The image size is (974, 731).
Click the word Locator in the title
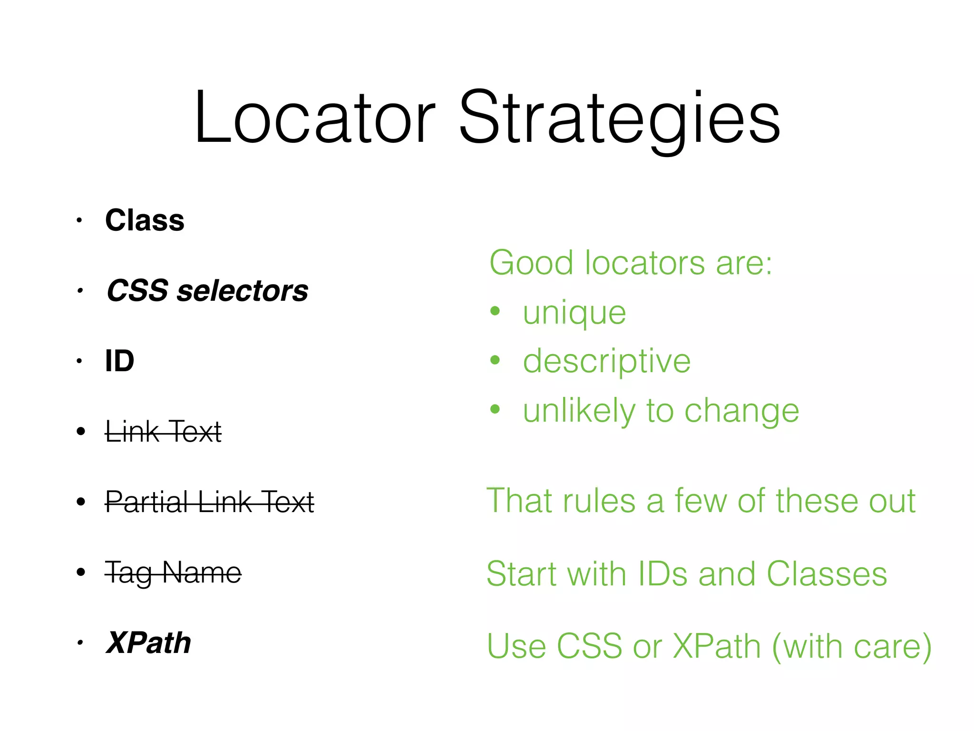click(x=314, y=118)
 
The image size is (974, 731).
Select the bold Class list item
click(x=145, y=221)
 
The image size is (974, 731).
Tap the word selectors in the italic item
click(x=243, y=291)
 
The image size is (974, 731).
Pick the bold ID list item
click(x=119, y=361)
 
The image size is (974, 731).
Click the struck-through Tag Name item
click(x=173, y=573)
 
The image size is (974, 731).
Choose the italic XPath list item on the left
click(x=148, y=643)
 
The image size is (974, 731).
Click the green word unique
click(x=574, y=314)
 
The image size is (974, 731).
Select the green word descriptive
click(x=606, y=362)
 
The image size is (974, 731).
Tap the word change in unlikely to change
click(x=741, y=411)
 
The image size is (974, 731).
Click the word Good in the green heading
click(x=531, y=263)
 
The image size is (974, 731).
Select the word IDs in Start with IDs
click(x=662, y=574)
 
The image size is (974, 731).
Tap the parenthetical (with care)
click(x=851, y=647)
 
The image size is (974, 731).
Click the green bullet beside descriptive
click(x=495, y=360)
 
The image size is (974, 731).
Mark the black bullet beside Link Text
click(x=80, y=432)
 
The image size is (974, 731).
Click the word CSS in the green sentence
click(x=589, y=647)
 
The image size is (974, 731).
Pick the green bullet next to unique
click(x=495, y=311)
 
